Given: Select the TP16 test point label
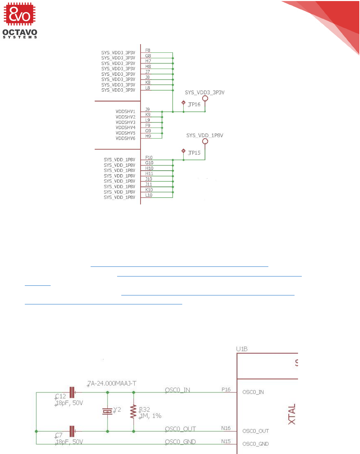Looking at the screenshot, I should (194, 104).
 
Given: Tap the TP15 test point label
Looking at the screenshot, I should (194, 153).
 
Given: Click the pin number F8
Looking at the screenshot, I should (148, 50).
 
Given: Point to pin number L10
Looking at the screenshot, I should (149, 195).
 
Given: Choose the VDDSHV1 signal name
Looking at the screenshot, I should (125, 112).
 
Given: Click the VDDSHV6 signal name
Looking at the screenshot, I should (125, 138).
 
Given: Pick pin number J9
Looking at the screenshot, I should (147, 109).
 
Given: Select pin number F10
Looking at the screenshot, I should (149, 158).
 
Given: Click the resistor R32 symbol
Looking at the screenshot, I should (133, 412).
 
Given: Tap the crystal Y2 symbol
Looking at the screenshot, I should (107, 411).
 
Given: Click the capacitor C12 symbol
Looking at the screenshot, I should (72, 392).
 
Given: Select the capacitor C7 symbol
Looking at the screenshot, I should (72, 431).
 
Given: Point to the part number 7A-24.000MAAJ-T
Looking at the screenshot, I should (112, 383).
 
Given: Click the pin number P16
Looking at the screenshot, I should (226, 390).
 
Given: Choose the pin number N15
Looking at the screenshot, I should (226, 441).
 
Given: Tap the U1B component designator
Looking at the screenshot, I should (242, 349).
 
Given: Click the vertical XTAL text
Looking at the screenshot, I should (292, 414).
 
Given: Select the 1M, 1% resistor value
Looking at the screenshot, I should (151, 416).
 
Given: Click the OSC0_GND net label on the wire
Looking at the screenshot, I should (180, 442).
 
